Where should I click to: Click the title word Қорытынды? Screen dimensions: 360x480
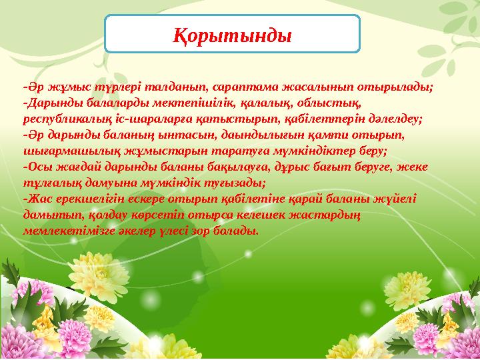[x=233, y=33]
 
